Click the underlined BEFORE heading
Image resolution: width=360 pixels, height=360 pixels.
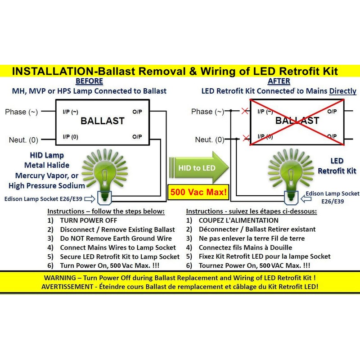tap(89, 81)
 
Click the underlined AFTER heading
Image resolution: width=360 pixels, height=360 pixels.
tap(279, 81)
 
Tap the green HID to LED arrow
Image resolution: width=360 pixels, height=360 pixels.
tap(199, 167)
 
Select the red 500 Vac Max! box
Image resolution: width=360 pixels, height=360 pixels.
tap(198, 192)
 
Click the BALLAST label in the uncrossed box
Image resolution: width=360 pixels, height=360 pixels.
tap(103, 121)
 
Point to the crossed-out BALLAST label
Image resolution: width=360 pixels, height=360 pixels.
tap(297, 121)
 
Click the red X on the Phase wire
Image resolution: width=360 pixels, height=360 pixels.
tap(245, 111)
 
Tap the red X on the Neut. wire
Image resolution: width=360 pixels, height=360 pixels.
tap(246, 139)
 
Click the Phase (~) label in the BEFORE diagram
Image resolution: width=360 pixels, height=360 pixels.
tap(21, 112)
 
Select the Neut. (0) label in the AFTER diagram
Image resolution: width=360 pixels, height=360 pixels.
tap(210, 139)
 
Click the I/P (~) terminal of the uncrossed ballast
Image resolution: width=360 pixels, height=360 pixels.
tap(71, 112)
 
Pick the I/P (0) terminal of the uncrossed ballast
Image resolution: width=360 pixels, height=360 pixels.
tap(71, 137)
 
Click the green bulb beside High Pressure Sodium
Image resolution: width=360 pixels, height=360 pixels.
tap(104, 175)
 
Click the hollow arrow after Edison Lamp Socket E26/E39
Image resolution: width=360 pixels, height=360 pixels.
tap(90, 199)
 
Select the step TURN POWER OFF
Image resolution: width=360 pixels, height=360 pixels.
tap(89, 220)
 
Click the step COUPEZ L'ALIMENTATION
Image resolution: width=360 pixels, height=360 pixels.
tap(238, 220)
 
